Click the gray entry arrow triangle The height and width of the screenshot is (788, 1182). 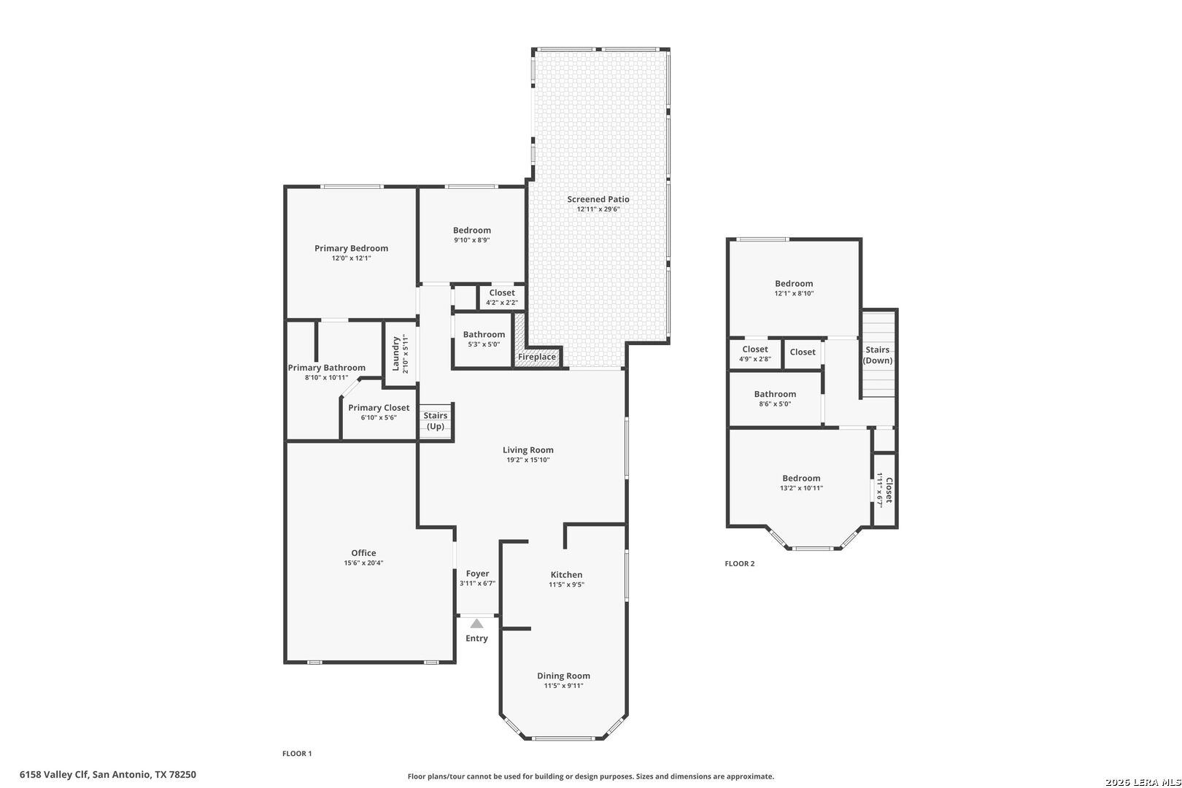coord(476,623)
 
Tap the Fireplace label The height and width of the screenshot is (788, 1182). coord(537,357)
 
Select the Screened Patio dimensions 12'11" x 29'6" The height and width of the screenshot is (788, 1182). coord(598,209)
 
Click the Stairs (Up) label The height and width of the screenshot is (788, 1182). coord(436,421)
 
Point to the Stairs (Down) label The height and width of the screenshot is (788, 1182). coord(878,355)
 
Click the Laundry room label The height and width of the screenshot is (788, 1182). coord(395,354)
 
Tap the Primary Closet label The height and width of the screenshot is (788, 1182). coord(379,407)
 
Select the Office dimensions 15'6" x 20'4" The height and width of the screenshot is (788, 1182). coord(363,563)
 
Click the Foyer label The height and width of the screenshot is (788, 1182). coord(478,573)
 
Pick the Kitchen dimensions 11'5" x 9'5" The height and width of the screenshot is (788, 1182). coord(567,584)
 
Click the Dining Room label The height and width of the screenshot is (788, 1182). coord(563,676)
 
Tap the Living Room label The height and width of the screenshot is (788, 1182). coord(528,449)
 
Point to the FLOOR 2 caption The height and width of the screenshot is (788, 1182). coord(740,564)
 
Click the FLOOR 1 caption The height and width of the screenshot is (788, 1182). coord(297,754)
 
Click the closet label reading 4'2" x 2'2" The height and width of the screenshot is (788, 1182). coord(502,302)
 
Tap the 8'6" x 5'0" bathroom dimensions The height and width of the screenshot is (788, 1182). coord(775,403)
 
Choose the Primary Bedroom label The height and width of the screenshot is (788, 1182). coord(352,248)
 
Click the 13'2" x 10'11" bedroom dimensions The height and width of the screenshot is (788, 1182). coord(802,488)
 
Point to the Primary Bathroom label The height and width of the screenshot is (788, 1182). coord(327,367)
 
